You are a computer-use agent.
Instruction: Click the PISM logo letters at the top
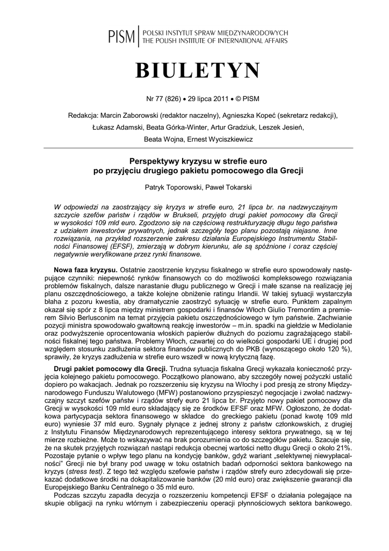pyautogui.click(x=122, y=36)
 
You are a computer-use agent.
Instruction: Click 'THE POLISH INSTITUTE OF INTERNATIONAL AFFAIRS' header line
pyautogui.click(x=214, y=41)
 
